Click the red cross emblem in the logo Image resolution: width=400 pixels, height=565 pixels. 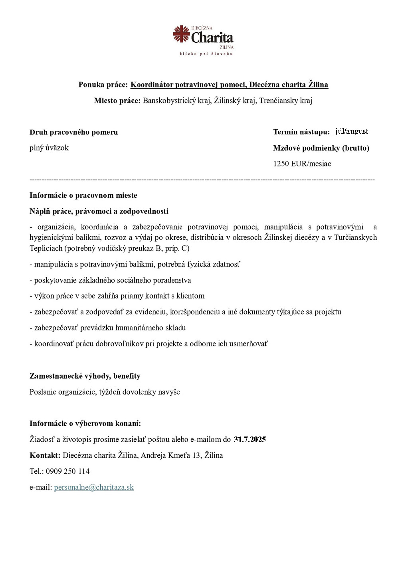click(181, 34)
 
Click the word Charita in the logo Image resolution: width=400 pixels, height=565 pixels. click(212, 38)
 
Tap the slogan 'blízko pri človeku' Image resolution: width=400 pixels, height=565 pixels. click(206, 54)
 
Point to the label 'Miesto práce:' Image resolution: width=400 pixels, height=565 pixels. click(117, 101)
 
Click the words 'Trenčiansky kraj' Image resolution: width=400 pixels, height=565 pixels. click(286, 101)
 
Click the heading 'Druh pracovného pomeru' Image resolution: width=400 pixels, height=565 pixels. click(73, 132)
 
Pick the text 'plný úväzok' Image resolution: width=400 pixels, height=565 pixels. click(49, 148)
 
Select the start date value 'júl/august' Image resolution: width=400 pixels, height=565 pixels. click(351, 131)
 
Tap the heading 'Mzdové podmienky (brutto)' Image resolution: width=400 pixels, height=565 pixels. click(321, 148)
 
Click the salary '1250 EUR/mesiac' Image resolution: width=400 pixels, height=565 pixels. click(302, 164)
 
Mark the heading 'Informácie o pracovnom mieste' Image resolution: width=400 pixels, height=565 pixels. click(83, 196)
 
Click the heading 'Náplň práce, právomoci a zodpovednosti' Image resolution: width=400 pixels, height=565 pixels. click(99, 211)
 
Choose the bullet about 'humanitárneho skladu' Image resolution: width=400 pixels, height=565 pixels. click(107, 328)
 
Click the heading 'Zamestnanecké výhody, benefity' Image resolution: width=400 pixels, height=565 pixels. click(85, 376)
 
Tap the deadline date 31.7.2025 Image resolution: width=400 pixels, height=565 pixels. click(250, 439)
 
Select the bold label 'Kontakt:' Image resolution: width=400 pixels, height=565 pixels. click(45, 455)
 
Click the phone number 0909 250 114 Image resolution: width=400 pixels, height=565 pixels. click(68, 471)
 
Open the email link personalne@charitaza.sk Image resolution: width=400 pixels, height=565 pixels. click(94, 487)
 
